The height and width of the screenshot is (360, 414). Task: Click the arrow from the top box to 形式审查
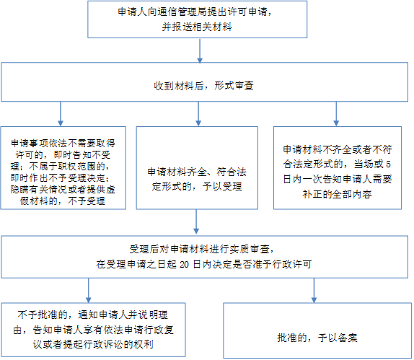200,51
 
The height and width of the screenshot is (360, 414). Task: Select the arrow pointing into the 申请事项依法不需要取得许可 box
61,114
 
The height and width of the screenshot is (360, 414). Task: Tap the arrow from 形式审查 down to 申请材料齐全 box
198,114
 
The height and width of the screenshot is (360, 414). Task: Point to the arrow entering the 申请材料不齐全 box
336,114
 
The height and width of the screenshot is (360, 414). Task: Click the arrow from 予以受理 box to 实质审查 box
196,222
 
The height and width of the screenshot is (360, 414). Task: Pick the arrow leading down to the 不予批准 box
89,291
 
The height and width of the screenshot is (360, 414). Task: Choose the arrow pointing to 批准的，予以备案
314,291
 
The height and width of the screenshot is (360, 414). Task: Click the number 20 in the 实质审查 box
185,264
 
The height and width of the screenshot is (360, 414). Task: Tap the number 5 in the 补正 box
388,164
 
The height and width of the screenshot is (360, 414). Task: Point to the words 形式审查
234,86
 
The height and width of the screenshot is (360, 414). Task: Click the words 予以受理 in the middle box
222,187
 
